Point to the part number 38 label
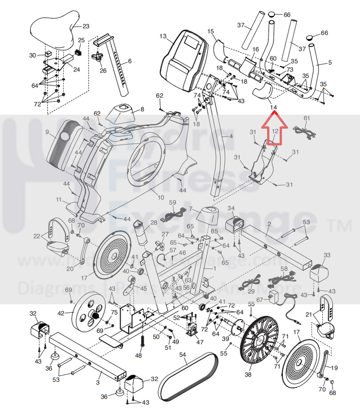[x=248, y=374]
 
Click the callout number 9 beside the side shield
[x=47, y=132]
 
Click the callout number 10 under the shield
[x=160, y=198]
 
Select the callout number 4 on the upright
[x=231, y=136]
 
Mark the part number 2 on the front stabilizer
[x=269, y=225]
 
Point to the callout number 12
[x=275, y=132]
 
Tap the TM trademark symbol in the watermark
[x=345, y=226]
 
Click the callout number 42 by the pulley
[x=61, y=313]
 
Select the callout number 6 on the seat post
[x=129, y=61]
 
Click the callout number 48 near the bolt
[x=138, y=355]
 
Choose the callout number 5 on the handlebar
[x=330, y=62]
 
